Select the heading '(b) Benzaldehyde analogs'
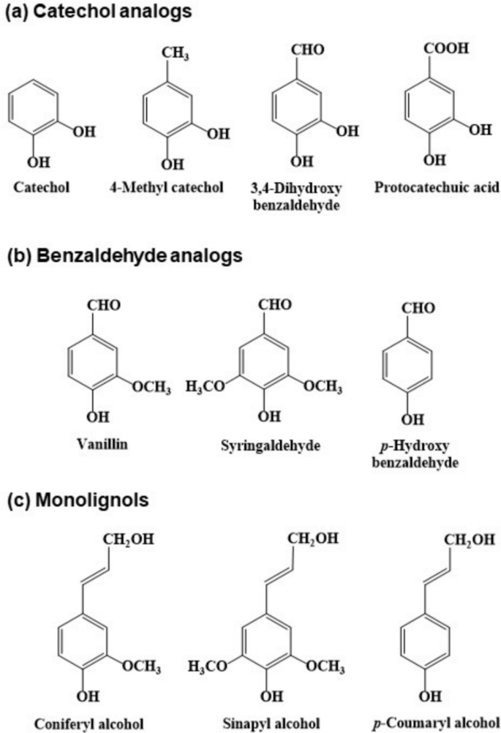tap(124, 256)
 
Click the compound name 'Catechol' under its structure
tap(42, 187)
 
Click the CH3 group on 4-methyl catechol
tap(171, 53)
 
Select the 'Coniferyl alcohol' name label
tap(80, 724)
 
